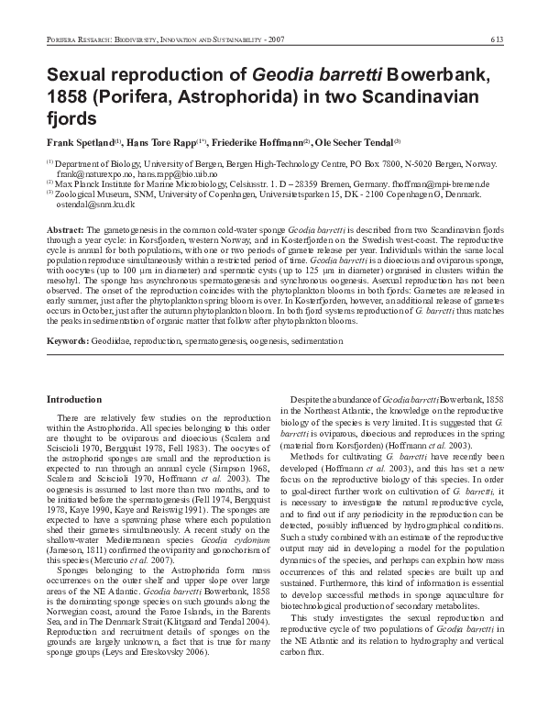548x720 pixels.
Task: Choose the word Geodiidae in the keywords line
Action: [x=115, y=340]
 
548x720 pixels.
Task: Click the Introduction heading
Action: [x=73, y=400]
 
